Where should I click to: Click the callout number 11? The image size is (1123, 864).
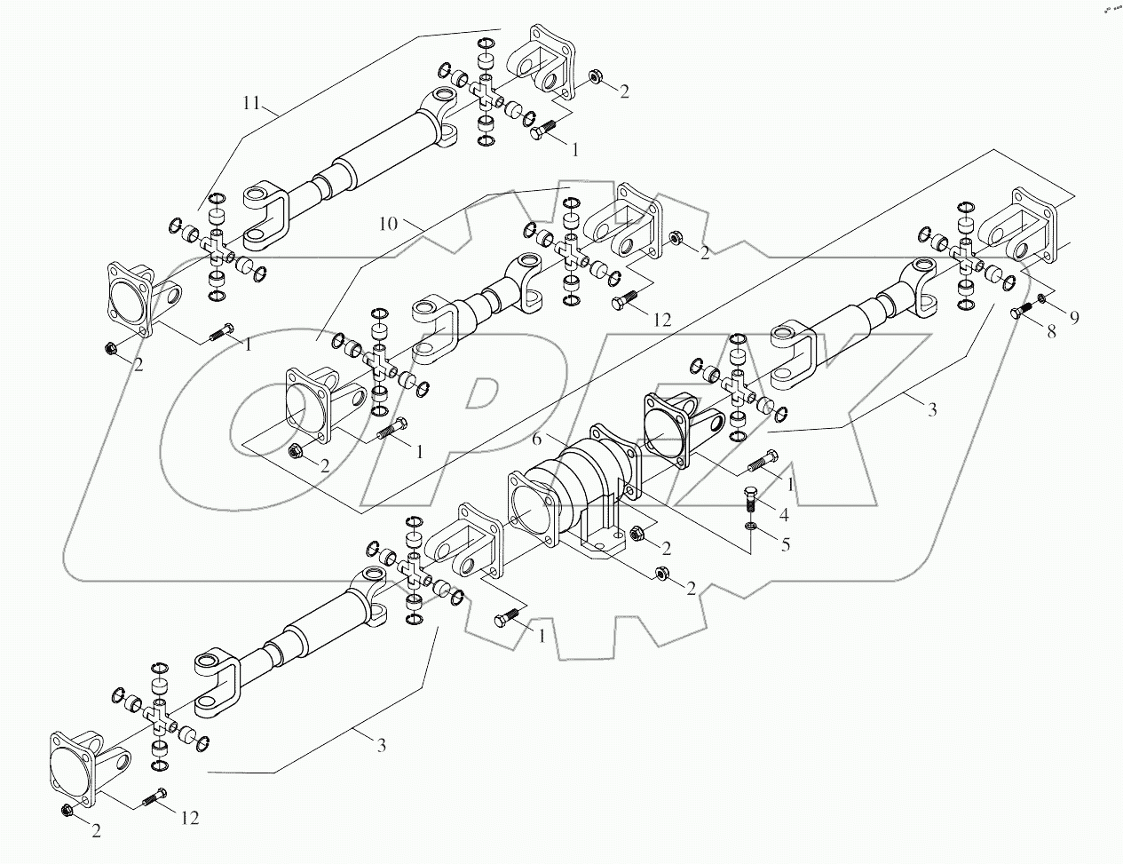click(251, 103)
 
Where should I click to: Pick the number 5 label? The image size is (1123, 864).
click(785, 544)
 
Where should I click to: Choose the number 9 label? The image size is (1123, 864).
click(1073, 317)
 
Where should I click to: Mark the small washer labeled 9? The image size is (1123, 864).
click(1041, 297)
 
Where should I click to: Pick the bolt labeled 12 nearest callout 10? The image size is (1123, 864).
click(625, 301)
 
